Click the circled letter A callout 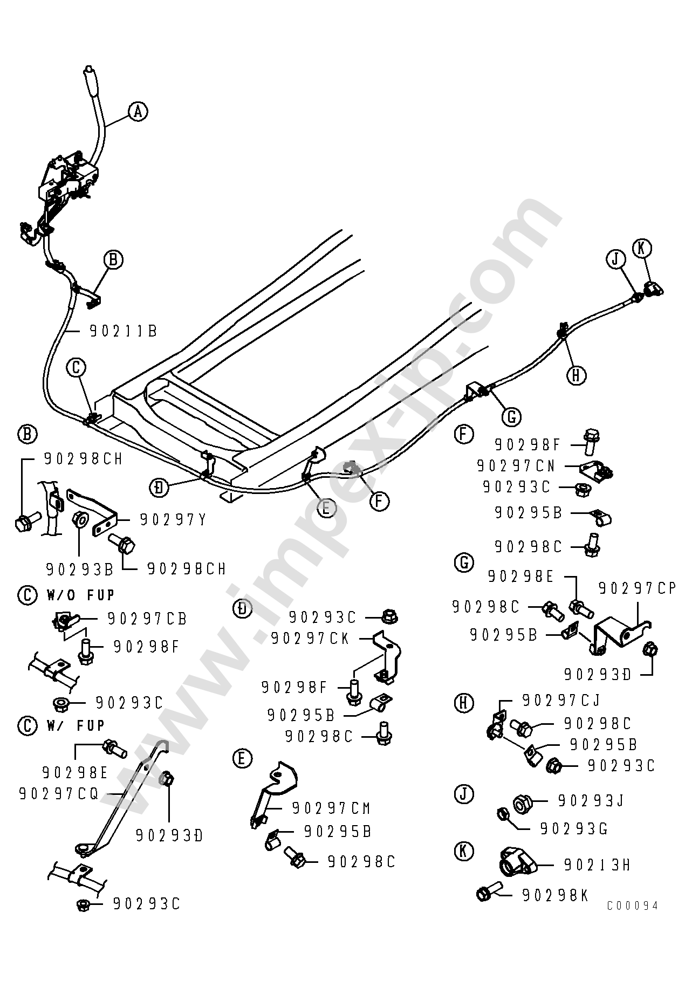coord(138,112)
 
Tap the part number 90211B coord(123,331)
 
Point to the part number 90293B coord(79,568)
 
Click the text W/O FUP coord(81,595)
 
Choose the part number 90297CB coord(147,619)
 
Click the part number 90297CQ coord(58,794)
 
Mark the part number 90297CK coord(310,639)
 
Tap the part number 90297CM coord(331,808)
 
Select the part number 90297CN coord(516,465)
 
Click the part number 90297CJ coord(561,700)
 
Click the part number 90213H coord(597,865)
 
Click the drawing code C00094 coord(632,921)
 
